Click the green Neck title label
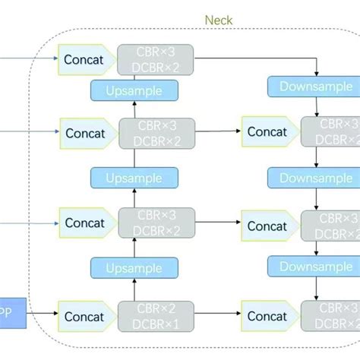tap(219, 20)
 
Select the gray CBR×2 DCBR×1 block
tap(156, 315)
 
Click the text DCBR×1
tap(156, 323)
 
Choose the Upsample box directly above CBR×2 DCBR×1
tap(134, 270)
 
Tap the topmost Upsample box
tap(134, 90)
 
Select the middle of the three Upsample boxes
tap(134, 178)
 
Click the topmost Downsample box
tap(316, 87)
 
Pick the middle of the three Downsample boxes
tap(316, 178)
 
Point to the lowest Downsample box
tap(316, 267)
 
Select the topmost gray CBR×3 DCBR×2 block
tap(156, 59)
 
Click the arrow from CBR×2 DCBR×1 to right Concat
tap(218, 312)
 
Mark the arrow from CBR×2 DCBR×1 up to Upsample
tap(134, 291)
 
